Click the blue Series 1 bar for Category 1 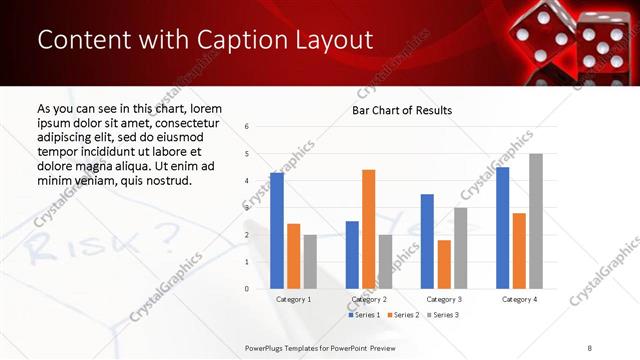coord(277,231)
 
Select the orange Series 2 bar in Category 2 coord(368,229)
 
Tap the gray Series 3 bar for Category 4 coord(536,221)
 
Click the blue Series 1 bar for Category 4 coord(502,228)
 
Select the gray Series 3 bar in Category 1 coord(310,262)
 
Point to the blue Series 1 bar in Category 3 coord(427,241)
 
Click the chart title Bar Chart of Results coord(402,110)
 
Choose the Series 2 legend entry coord(402,315)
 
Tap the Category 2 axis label coord(369,299)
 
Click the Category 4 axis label coord(519,299)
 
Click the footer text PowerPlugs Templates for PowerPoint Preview coord(321,347)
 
